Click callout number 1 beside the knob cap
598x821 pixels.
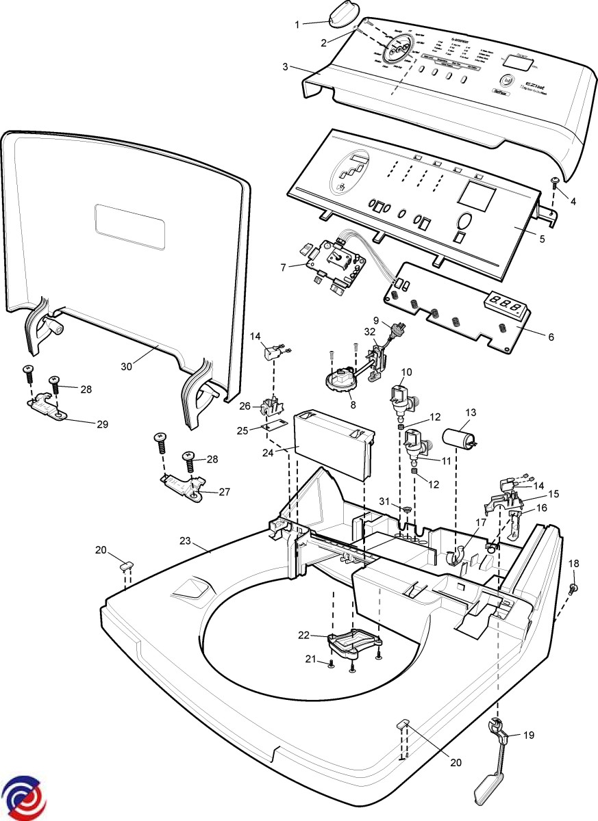(x=297, y=25)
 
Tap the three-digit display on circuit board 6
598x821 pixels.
(x=508, y=303)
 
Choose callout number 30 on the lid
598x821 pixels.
(x=126, y=367)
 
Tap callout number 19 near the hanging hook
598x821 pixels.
(x=528, y=735)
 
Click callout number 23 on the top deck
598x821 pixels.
(x=184, y=540)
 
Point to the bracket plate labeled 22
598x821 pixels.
(x=353, y=642)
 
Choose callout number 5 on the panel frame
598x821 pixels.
(x=541, y=239)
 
